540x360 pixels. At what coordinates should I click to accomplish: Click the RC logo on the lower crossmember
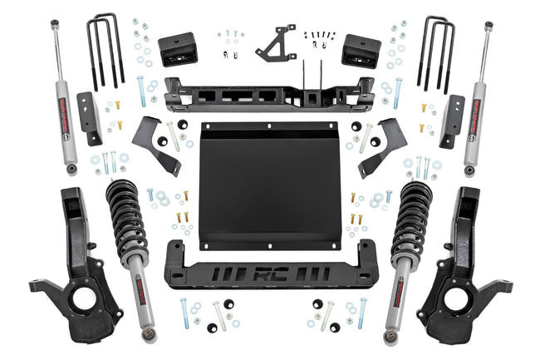(270, 274)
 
